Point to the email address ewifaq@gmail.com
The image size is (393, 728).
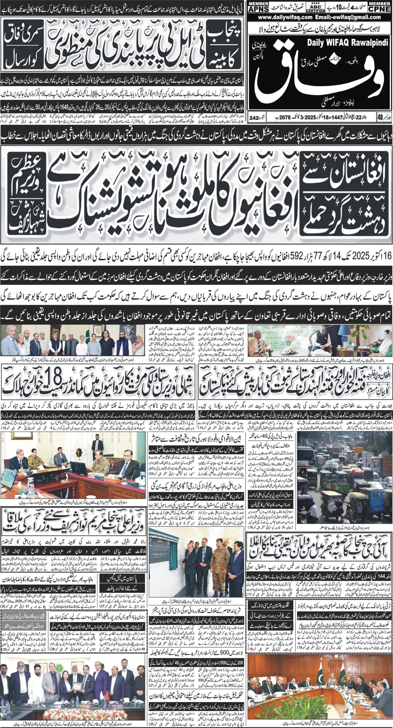[x=351, y=17]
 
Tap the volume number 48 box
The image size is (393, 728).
[x=380, y=117]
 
